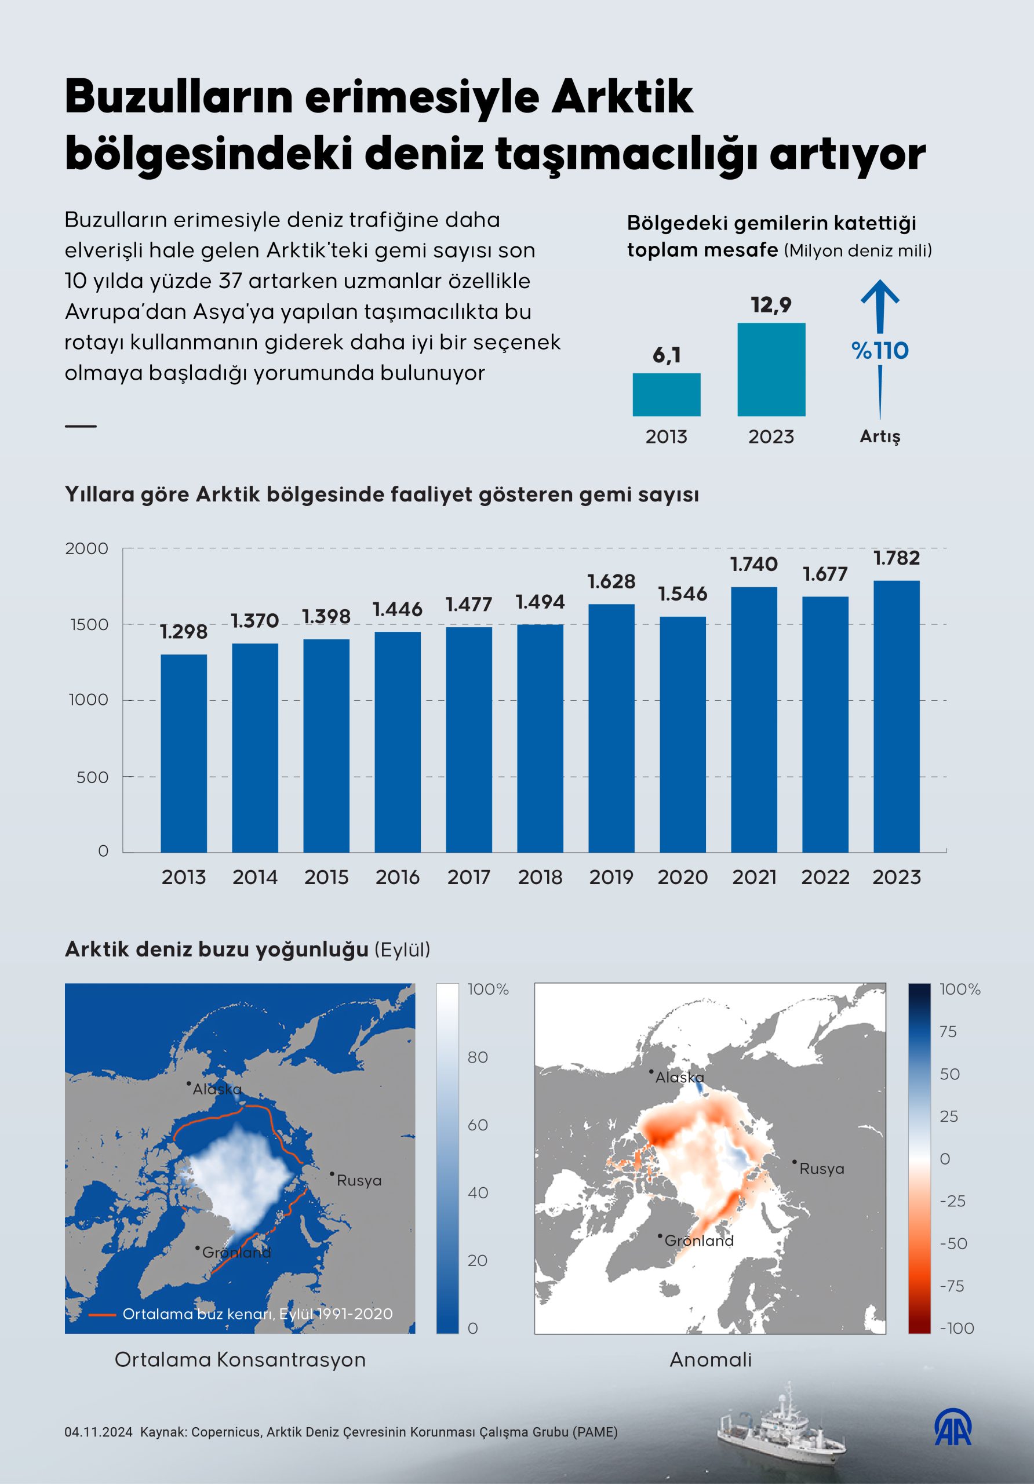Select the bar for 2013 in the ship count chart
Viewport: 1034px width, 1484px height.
[x=184, y=753]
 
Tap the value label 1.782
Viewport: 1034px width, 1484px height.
[x=897, y=558]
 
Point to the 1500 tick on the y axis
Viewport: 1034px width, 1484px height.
[x=89, y=624]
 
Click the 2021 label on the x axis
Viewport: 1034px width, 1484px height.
[x=754, y=877]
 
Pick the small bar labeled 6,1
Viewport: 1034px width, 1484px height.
[x=667, y=394]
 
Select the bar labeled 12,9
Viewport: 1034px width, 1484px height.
[x=771, y=369]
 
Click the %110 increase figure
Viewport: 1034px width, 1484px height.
[x=880, y=351]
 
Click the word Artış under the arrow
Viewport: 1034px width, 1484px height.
[x=880, y=437]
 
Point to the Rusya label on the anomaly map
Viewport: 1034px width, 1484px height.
[x=821, y=1169]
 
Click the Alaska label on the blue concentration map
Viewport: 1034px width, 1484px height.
[x=217, y=1089]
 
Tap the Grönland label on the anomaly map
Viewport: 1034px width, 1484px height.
[x=699, y=1241]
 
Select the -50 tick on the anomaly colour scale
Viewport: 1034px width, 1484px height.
[x=953, y=1243]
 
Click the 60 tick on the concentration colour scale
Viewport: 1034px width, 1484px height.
[x=478, y=1125]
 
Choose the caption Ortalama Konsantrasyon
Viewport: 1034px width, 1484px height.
[x=240, y=1359]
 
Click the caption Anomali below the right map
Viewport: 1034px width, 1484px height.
[x=710, y=1359]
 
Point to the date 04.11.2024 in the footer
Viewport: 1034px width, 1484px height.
[x=98, y=1432]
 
